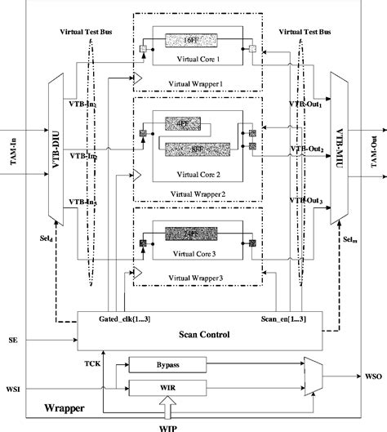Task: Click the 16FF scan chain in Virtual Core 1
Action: tap(191, 38)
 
